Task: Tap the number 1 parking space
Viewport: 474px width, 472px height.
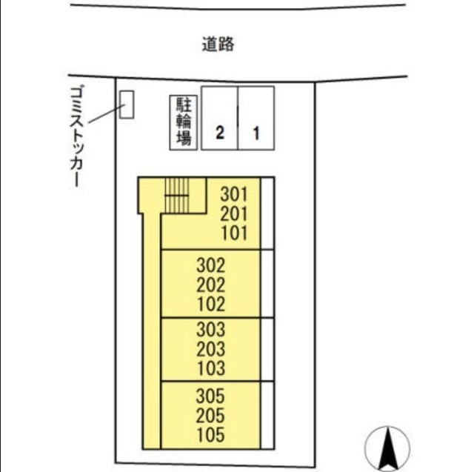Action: click(256, 120)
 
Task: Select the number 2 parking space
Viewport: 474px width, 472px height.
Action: click(220, 120)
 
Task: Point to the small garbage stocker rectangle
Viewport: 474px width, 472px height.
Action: click(127, 104)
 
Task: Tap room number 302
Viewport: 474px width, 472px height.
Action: click(211, 265)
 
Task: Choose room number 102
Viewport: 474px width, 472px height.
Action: click(211, 304)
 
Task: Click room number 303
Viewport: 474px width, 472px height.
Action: click(211, 329)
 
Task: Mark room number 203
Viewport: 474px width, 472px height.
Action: click(211, 348)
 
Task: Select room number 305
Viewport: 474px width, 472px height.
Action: click(211, 395)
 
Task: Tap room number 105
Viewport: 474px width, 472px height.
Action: click(211, 434)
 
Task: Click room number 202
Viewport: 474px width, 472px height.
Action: click(211, 285)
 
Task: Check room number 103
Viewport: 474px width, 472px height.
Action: click(211, 368)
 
